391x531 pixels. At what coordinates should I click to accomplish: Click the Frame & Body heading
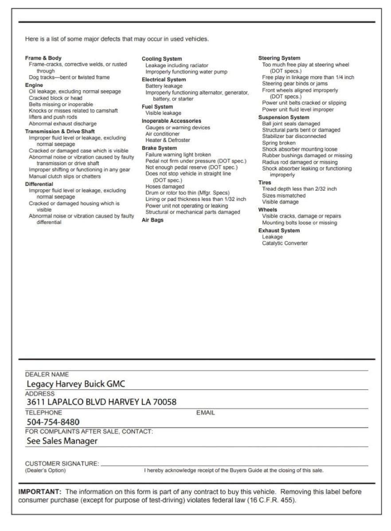[43, 58]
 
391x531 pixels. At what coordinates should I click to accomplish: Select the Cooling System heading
[161, 59]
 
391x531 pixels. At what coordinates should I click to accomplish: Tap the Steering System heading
[279, 58]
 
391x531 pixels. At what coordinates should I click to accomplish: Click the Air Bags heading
[152, 220]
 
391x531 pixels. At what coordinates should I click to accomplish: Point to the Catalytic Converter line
[284, 243]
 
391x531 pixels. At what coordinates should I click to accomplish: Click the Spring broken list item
[278, 143]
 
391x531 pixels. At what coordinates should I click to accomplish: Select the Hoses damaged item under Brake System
[164, 187]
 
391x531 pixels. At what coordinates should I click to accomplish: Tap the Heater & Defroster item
[168, 140]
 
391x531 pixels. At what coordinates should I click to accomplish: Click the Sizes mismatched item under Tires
[283, 195]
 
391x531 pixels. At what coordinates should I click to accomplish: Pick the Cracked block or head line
[55, 98]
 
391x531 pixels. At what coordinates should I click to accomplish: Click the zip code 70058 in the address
[164, 402]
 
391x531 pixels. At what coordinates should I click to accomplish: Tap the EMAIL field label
[205, 412]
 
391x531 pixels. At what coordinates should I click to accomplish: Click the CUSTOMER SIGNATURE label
[62, 463]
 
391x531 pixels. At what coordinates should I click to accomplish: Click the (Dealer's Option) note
[45, 470]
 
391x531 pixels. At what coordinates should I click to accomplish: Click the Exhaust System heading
[279, 231]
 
